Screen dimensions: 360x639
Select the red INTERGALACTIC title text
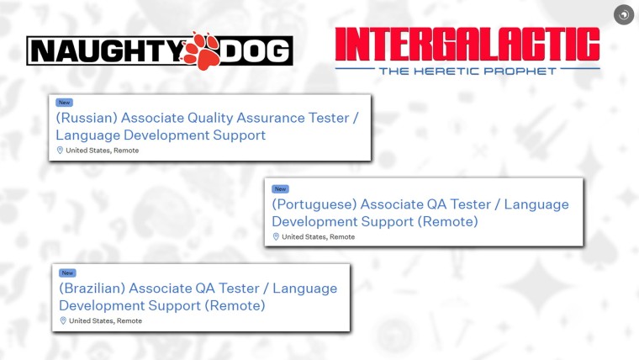point(467,44)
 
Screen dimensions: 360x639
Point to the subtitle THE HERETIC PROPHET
point(467,71)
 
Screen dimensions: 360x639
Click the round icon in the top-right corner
point(623,14)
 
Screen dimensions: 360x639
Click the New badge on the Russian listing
point(65,103)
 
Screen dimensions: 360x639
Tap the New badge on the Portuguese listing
point(280,189)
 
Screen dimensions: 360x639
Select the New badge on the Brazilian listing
point(67,273)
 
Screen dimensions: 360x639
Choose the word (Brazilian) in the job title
point(92,289)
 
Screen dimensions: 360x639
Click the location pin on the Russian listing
point(60,151)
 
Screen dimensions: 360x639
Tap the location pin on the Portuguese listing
point(276,237)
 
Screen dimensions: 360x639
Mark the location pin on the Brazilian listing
point(63,321)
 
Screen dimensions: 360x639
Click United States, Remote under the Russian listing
point(103,151)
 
